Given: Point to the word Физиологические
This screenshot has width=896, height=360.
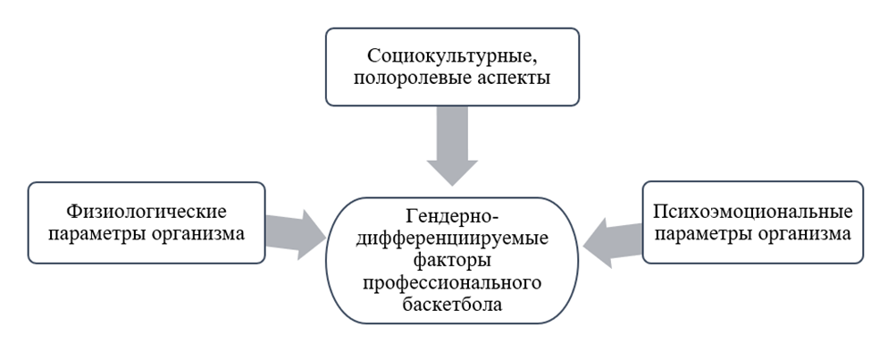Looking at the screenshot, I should (x=147, y=212).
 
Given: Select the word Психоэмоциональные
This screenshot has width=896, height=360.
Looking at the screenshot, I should (x=753, y=212).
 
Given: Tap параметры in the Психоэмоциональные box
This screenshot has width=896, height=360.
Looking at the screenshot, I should (x=708, y=235).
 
